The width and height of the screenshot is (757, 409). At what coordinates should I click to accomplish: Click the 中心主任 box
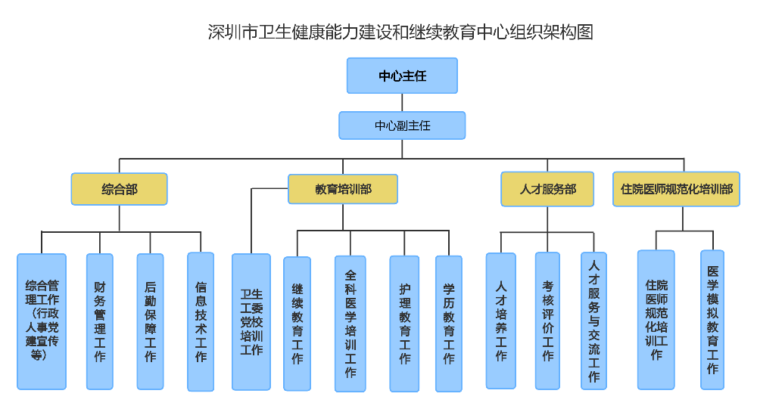(402, 76)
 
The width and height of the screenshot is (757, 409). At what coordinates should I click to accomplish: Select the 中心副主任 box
(402, 125)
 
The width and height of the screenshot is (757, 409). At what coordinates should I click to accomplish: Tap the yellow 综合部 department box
(119, 189)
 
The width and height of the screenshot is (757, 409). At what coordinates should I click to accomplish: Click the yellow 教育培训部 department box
(343, 189)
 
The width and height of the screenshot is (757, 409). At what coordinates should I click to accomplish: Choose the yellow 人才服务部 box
(547, 189)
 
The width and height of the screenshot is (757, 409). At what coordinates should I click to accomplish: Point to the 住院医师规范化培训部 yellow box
(676, 189)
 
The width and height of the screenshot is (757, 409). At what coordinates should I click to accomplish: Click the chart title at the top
(400, 32)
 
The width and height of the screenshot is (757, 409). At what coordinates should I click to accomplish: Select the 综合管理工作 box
(42, 321)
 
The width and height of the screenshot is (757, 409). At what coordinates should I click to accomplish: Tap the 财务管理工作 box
(100, 321)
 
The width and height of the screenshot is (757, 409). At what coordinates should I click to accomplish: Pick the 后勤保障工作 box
(150, 321)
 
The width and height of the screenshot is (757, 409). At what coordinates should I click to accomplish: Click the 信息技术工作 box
(201, 321)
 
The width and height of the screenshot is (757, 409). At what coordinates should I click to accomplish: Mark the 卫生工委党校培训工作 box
(251, 321)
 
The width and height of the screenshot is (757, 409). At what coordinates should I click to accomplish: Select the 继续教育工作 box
(298, 324)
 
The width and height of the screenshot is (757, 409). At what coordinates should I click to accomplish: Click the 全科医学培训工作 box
(350, 324)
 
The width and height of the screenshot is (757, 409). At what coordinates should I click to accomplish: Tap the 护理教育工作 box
(404, 324)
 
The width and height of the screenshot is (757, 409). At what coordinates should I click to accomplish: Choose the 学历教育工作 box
(448, 324)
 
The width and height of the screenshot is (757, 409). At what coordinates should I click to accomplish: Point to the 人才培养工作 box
(500, 321)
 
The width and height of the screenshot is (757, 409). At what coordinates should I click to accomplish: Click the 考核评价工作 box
(547, 321)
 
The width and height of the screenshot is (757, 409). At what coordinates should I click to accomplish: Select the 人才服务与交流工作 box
(593, 321)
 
